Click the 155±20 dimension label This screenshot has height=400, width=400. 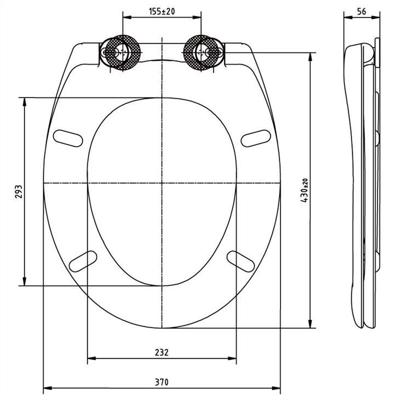click(161, 11)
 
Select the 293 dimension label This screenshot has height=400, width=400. click(18, 192)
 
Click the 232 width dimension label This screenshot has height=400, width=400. click(162, 352)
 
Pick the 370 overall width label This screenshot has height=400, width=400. click(162, 382)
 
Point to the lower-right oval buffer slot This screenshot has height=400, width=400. click(241, 260)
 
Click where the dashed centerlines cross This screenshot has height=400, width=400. click(162, 182)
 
